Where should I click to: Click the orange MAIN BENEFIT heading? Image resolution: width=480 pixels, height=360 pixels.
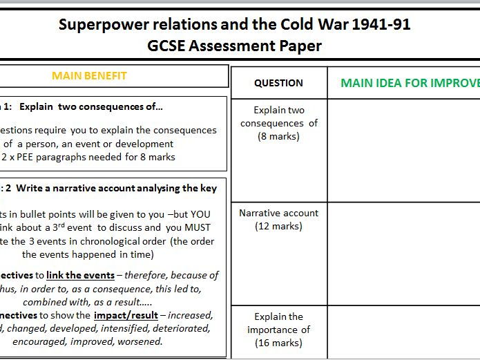90,76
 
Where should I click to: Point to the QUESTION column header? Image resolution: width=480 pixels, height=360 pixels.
278,83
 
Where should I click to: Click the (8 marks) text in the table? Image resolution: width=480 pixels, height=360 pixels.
278,136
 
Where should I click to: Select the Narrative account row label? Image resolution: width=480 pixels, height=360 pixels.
278,213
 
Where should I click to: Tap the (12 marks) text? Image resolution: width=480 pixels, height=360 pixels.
278,226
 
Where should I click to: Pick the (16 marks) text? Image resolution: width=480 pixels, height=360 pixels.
278,343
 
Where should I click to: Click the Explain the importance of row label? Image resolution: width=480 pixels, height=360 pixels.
278,323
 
